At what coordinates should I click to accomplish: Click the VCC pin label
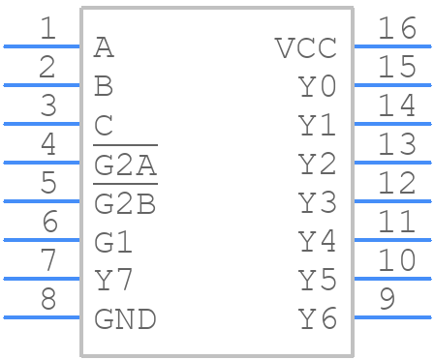[x=305, y=47]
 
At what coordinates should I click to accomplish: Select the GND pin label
[x=125, y=318]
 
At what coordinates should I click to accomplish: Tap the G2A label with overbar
[x=125, y=165]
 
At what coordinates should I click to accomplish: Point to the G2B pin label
[x=125, y=203]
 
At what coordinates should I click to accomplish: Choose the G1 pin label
[x=114, y=242]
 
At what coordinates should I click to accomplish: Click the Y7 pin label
[x=114, y=281]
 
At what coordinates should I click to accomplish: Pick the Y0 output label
[x=317, y=87]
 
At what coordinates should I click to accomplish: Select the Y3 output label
[x=317, y=203]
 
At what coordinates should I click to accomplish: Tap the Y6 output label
[x=317, y=318]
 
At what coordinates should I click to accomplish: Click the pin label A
[x=104, y=47]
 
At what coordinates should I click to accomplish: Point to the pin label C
[x=104, y=126]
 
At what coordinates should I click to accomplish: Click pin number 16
[x=397, y=29]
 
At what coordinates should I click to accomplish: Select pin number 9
[x=387, y=299]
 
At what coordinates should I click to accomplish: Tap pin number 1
[x=47, y=29]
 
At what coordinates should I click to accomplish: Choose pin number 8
[x=47, y=299]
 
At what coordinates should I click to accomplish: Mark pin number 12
[x=397, y=183]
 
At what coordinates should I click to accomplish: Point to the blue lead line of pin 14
[x=391, y=123]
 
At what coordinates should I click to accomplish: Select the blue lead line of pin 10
[x=391, y=278]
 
